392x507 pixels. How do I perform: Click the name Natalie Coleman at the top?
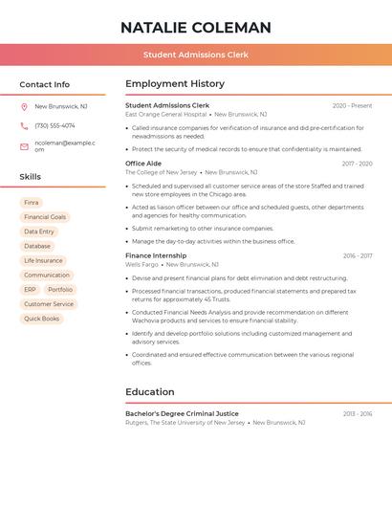tap(196, 28)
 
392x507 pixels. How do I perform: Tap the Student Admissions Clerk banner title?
tap(196, 55)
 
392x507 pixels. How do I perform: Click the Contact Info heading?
tap(45, 84)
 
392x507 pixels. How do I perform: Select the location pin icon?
tap(24, 106)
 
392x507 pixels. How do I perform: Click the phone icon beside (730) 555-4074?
tap(24, 125)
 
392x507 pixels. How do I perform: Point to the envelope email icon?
tap(24, 145)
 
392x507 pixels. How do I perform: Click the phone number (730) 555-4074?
tap(54, 125)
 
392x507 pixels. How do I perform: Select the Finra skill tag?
tap(32, 203)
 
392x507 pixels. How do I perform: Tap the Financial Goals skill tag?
tap(45, 217)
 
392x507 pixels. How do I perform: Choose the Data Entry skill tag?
tap(39, 231)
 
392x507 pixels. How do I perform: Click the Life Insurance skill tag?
tap(43, 260)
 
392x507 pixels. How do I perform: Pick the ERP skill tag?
tap(30, 289)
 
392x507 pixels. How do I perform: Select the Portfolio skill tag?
tap(60, 289)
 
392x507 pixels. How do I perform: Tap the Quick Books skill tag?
tap(41, 319)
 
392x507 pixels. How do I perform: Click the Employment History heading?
tap(175, 84)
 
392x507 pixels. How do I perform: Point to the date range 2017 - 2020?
tap(358, 164)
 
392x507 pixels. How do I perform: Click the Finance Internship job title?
tap(156, 255)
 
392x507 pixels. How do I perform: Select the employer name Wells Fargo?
tap(142, 264)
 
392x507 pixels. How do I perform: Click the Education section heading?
tap(150, 391)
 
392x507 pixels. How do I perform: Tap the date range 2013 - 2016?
tap(358, 413)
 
